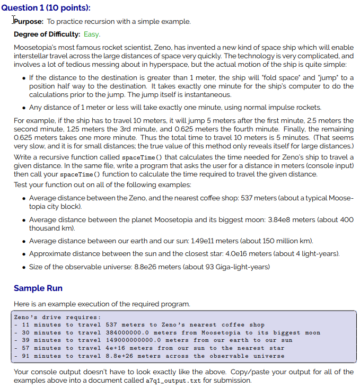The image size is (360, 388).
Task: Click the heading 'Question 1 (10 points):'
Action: click(46, 7)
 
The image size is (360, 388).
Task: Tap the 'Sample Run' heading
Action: click(38, 288)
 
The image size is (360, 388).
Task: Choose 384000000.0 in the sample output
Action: click(129, 333)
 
